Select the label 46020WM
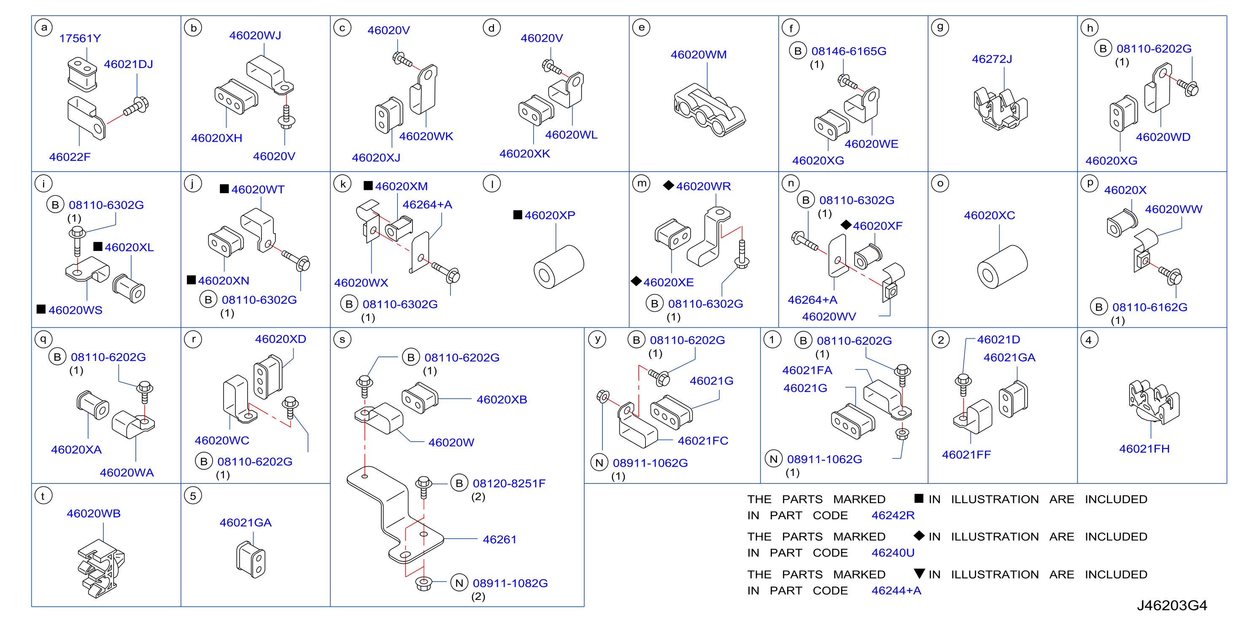(x=699, y=54)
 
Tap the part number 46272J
(x=992, y=59)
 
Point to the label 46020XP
(x=550, y=215)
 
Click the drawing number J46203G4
(x=1172, y=605)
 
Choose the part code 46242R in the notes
(x=893, y=515)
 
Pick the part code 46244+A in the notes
(x=896, y=591)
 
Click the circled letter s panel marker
(x=343, y=340)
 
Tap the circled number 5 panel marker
(x=193, y=496)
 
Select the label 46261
(x=499, y=540)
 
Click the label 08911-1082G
(x=510, y=583)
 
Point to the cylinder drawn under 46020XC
(x=1002, y=267)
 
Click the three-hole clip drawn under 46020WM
(x=709, y=110)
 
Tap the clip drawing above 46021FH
(x=1153, y=402)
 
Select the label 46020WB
(x=93, y=513)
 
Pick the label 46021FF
(x=966, y=455)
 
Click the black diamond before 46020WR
(x=669, y=185)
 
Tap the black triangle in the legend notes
(x=920, y=574)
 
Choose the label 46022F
(x=70, y=157)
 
